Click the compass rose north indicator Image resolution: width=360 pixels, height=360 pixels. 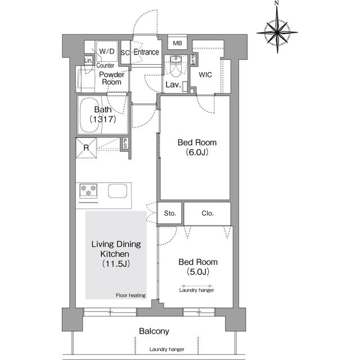tap(277, 3)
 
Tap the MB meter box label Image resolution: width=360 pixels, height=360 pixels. tap(177, 43)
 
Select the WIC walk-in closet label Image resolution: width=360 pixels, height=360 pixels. tap(205, 75)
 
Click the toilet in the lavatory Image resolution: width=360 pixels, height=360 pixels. tap(175, 66)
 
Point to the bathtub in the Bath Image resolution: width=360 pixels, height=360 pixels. tap(89, 115)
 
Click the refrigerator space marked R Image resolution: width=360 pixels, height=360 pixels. tap(86, 147)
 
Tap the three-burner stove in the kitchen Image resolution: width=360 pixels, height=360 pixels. tap(88, 191)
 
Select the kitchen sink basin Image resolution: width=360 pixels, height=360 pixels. tap(118, 191)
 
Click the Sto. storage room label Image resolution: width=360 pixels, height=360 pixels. tap(170, 213)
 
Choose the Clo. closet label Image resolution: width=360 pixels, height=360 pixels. tap(208, 213)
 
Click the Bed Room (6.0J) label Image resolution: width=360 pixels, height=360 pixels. tap(197, 147)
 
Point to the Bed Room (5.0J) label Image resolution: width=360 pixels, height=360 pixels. tap(198, 267)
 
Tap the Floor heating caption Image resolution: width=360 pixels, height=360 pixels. tap(130, 295)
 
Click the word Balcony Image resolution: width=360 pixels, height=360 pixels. tap(154, 331)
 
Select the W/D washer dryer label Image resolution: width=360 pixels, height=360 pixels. tap(107, 51)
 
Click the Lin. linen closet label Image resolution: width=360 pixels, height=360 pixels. tap(88, 60)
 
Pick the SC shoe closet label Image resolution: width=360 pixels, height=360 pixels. tap(125, 53)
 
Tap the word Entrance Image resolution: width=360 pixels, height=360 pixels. tap(146, 52)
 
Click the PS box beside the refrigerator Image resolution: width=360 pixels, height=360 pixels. tap(125, 143)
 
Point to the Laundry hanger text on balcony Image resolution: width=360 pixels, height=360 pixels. tap(167, 349)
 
